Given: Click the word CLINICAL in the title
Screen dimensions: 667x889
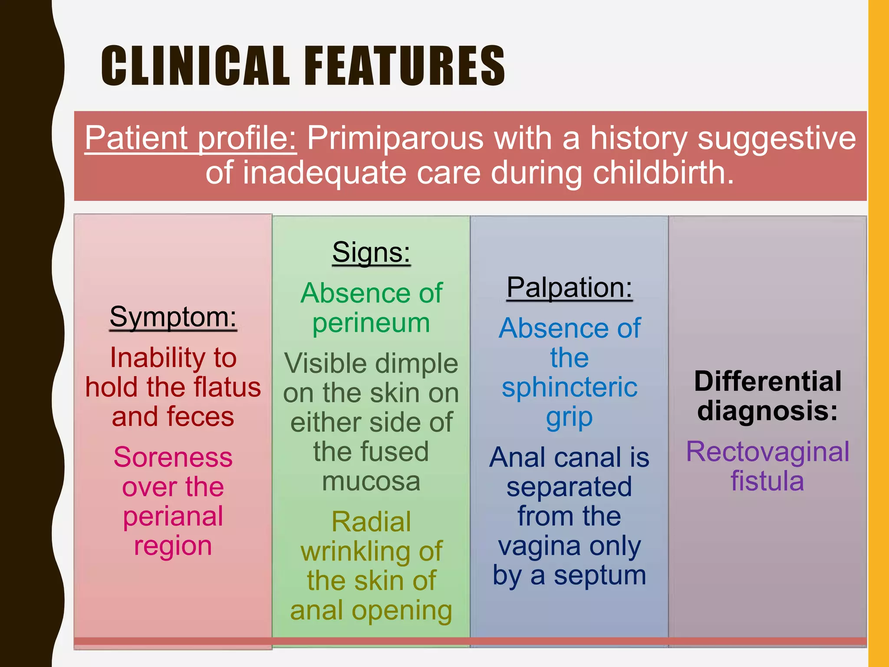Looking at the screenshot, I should click(x=195, y=66).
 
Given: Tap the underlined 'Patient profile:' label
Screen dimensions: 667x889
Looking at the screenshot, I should click(x=191, y=138).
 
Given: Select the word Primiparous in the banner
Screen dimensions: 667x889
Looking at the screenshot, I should click(x=395, y=138).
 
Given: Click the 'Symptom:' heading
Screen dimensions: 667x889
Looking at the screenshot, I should click(x=173, y=317).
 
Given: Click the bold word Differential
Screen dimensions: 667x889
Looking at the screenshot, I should click(x=767, y=381).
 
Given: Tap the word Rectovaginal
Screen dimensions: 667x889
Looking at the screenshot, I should click(x=767, y=452).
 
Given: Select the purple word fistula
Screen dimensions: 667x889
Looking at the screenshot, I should click(x=767, y=481).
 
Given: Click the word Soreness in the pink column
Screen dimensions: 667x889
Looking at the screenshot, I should click(x=173, y=457).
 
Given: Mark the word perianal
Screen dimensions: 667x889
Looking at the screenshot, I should click(x=173, y=516).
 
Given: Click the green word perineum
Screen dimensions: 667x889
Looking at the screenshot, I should click(x=371, y=324).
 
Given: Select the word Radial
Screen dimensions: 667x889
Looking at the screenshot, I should click(x=371, y=522).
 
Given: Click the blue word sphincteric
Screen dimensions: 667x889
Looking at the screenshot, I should click(x=569, y=387).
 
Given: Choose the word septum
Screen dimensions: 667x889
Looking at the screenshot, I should click(x=600, y=575).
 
